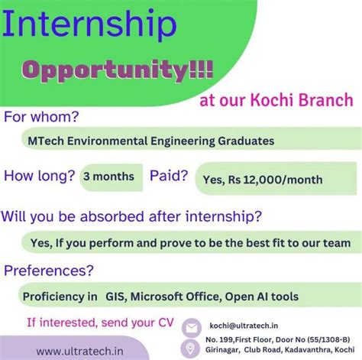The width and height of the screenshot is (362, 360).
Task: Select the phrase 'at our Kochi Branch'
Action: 276,101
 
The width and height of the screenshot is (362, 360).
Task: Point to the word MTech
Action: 44,141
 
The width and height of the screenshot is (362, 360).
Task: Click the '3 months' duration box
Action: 108,176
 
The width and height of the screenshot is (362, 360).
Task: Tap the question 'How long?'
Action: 39,176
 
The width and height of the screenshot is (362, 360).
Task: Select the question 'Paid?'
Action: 169,176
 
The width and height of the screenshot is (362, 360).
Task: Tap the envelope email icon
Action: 192,326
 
